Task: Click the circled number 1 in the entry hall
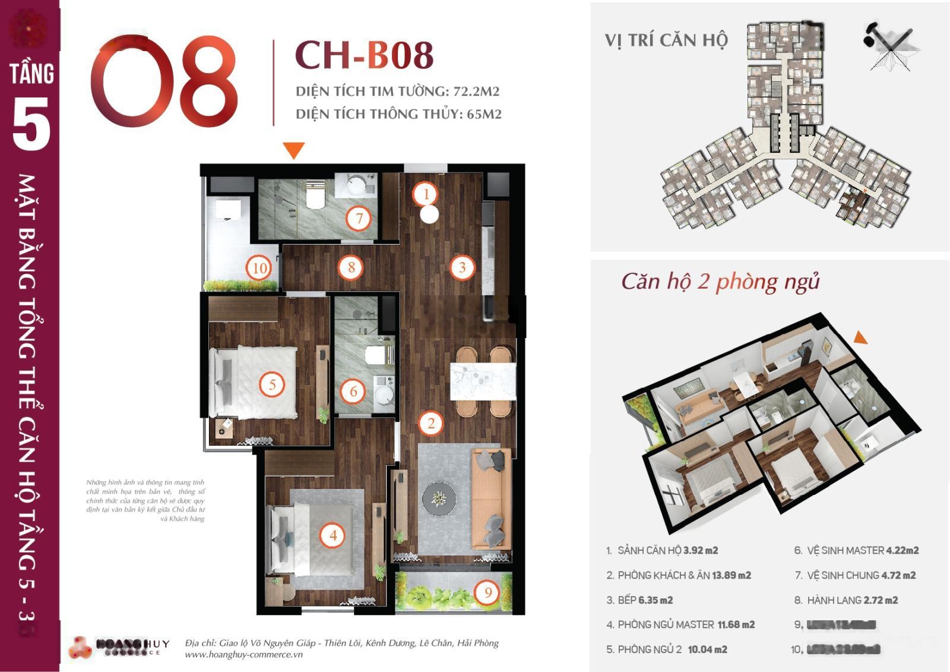426,194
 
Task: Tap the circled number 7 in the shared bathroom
359,218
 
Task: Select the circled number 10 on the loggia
259,268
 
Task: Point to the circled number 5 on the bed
272,384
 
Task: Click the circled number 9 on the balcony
488,592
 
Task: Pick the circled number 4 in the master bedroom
332,535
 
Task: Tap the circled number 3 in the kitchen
462,267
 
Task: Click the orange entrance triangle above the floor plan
293,150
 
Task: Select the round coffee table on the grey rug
439,498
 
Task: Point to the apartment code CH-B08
364,55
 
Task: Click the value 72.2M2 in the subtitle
476,92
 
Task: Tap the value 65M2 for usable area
484,114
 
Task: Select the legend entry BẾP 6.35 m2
639,600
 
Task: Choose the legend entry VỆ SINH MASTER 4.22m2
856,551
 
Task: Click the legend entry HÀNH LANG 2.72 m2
846,600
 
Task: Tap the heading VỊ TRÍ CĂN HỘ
666,40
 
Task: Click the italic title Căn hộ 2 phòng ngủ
720,281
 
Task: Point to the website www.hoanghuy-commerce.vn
243,655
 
